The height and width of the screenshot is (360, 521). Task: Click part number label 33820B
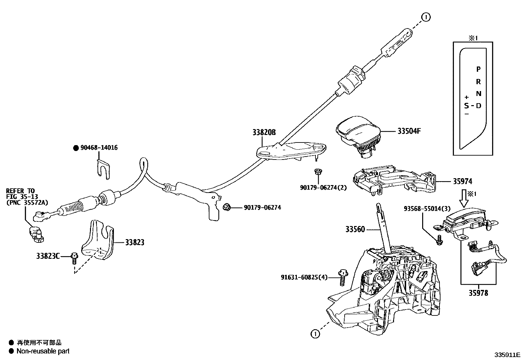[x=264, y=132]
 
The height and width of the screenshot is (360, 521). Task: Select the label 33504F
[x=409, y=131]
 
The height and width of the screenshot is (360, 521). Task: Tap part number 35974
[x=462, y=181]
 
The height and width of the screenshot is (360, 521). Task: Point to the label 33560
[x=355, y=229]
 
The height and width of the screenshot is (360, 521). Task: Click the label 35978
[x=478, y=293]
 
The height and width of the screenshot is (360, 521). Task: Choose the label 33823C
[x=48, y=256]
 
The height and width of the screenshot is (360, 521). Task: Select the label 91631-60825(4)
[x=304, y=277]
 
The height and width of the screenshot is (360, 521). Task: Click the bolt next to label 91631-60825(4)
[x=342, y=277]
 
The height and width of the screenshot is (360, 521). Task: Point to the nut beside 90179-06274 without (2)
[x=226, y=207]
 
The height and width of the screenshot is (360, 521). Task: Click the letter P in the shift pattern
[x=478, y=69]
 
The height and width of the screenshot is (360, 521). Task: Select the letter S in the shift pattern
[x=466, y=105]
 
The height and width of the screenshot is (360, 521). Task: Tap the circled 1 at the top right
[x=426, y=17]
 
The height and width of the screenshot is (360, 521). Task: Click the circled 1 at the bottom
[x=315, y=334]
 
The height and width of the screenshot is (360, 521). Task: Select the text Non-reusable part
[x=43, y=351]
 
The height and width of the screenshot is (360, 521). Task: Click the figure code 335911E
[x=507, y=355]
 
